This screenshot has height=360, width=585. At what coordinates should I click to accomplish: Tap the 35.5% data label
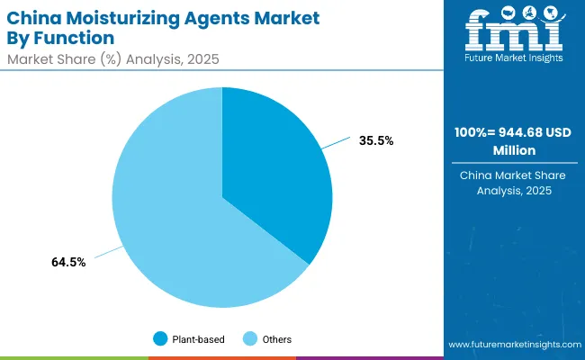click(376, 140)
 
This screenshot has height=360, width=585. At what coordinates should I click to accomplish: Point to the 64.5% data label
click(68, 262)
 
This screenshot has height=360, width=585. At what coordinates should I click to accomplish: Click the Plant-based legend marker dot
click(161, 338)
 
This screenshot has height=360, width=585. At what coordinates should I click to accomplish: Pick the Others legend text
click(277, 338)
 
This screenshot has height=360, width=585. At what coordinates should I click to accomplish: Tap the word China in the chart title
click(35, 18)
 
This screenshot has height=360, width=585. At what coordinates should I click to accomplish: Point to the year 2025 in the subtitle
click(202, 58)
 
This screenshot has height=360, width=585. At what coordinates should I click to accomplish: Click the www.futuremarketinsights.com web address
click(511, 345)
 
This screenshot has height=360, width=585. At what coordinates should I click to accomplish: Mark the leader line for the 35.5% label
click(337, 144)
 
